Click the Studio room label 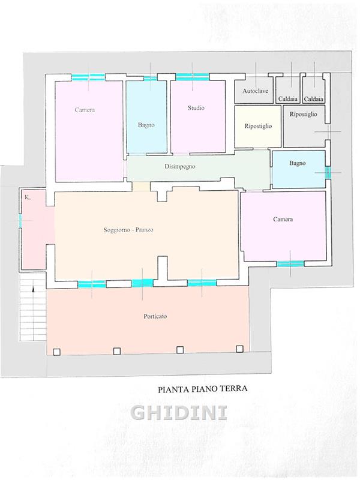pyautogui.click(x=196, y=108)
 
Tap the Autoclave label pyautogui.click(x=256, y=91)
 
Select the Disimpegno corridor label pyautogui.click(x=179, y=167)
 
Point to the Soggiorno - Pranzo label pyautogui.click(x=128, y=230)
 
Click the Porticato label pyautogui.click(x=155, y=316)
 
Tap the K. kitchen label pyautogui.click(x=28, y=198)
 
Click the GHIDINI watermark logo pyautogui.click(x=179, y=413)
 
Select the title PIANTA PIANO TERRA pyautogui.click(x=202, y=389)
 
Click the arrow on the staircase pyautogui.click(x=34, y=289)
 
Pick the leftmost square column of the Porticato pyautogui.click(x=56, y=352)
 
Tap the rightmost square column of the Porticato pyautogui.click(x=239, y=349)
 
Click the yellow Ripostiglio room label pyautogui.click(x=258, y=126)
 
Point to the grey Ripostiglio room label pyautogui.click(x=304, y=114)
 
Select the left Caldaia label pyautogui.click(x=288, y=99)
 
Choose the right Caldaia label pyautogui.click(x=313, y=99)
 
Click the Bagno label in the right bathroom pyautogui.click(x=297, y=163)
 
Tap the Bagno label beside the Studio pyautogui.click(x=146, y=125)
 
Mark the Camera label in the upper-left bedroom pyautogui.click(x=85, y=110)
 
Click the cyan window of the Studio pyautogui.click(x=192, y=77)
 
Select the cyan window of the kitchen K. pyautogui.click(x=20, y=220)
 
